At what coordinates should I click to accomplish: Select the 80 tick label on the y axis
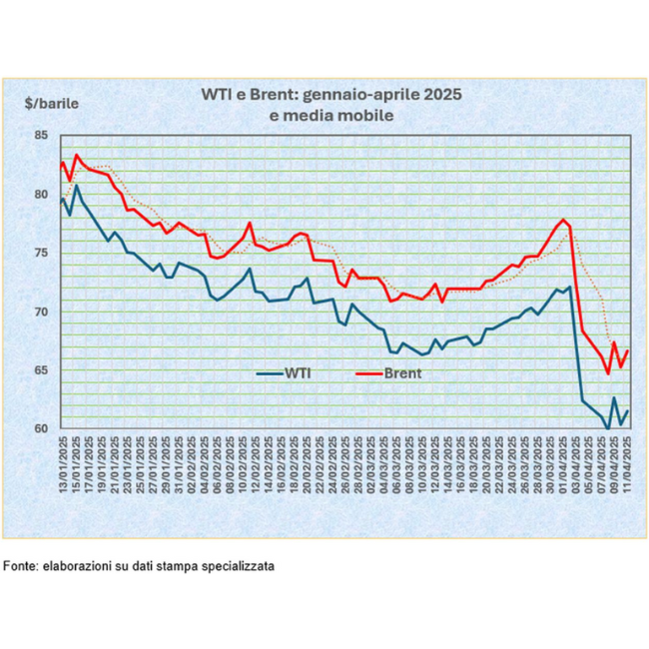tap(42, 194)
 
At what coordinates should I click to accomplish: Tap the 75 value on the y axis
tap(42, 253)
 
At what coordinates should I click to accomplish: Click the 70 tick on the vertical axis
tap(42, 312)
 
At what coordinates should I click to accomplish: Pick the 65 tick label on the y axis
tap(42, 369)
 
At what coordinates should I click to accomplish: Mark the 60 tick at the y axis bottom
tap(42, 428)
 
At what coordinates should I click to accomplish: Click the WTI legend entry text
tap(298, 373)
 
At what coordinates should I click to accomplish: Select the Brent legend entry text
tap(404, 373)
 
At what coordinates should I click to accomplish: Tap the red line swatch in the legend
tap(370, 373)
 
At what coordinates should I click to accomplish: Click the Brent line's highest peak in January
tap(77, 155)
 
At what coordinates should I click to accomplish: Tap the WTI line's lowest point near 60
tap(608, 429)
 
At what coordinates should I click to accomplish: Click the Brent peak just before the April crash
tap(564, 220)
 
